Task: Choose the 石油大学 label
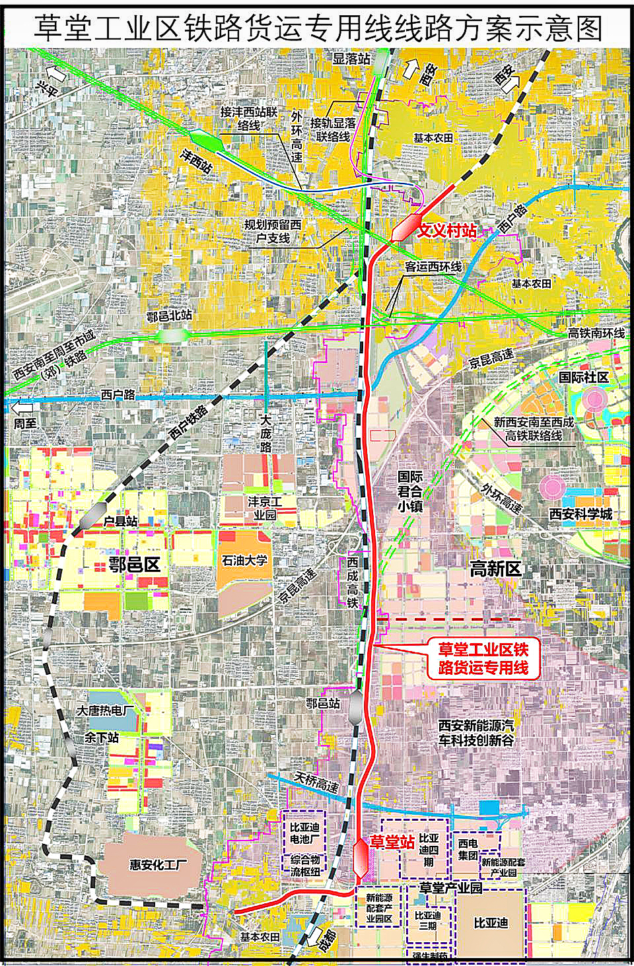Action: click(244, 561)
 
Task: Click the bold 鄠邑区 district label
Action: click(135, 565)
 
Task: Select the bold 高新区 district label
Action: click(495, 568)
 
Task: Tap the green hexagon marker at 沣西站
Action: click(207, 140)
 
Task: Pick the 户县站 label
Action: click(120, 521)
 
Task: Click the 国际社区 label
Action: click(583, 377)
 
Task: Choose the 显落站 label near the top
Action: click(351, 59)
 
